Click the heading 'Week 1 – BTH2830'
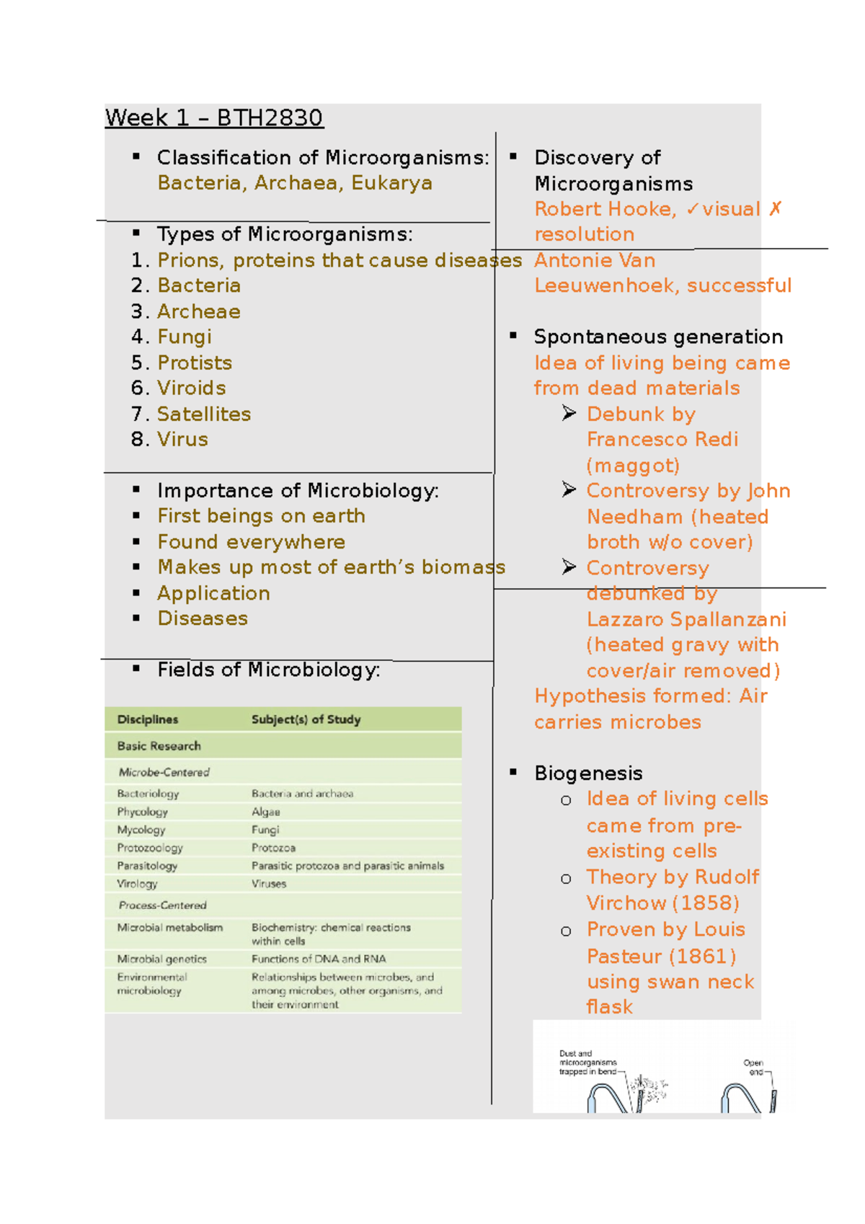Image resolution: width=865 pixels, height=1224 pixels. click(x=214, y=117)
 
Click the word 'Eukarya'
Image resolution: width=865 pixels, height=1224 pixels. click(x=391, y=183)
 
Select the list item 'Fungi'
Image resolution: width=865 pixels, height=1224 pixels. click(x=185, y=337)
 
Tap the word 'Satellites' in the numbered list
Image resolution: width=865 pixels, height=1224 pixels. click(x=204, y=414)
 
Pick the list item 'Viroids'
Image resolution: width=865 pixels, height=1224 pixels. click(x=192, y=388)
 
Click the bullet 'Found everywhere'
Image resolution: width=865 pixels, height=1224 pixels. click(x=251, y=542)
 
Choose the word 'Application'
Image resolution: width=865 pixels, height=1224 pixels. click(x=213, y=593)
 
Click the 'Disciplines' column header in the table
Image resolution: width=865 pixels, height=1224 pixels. click(x=148, y=719)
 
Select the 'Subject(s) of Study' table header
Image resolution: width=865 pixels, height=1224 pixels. click(x=306, y=719)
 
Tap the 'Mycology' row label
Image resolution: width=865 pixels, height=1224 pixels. click(x=141, y=830)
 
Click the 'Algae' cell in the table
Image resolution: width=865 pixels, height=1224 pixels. click(x=265, y=812)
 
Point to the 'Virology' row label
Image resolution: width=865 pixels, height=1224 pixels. click(x=137, y=884)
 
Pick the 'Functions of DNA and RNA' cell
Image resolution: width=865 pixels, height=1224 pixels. click(x=319, y=959)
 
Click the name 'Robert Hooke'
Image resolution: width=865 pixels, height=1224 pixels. click(x=604, y=209)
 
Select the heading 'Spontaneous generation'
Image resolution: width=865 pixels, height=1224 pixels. click(x=658, y=337)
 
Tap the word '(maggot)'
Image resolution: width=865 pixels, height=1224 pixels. click(x=633, y=466)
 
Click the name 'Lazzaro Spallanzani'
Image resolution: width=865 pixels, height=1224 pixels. click(x=686, y=619)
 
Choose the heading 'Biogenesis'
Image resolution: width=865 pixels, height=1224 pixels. click(x=588, y=773)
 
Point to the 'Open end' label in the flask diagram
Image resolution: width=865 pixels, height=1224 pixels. click(x=754, y=1067)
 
